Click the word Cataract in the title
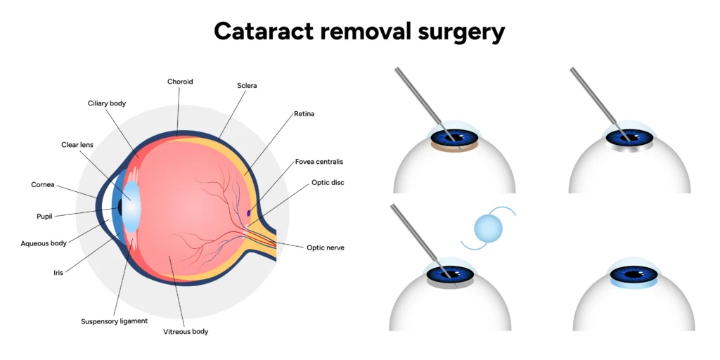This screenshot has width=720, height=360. pyautogui.click(x=269, y=31)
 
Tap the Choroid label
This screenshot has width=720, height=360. pyautogui.click(x=180, y=82)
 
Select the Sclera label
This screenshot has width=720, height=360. pyautogui.click(x=247, y=86)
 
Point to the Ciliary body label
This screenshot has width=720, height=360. pyautogui.click(x=107, y=103)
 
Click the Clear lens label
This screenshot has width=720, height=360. pyautogui.click(x=77, y=145)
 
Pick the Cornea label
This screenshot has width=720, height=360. pyautogui.click(x=43, y=185)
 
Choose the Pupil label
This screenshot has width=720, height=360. pyautogui.click(x=44, y=216)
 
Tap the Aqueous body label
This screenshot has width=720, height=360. pyautogui.click(x=44, y=243)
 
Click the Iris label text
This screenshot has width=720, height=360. pyautogui.click(x=58, y=271)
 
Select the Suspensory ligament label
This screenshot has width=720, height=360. pyautogui.click(x=114, y=321)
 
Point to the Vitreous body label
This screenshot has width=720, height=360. pyautogui.click(x=186, y=331)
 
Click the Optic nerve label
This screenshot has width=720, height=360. pyautogui.click(x=325, y=247)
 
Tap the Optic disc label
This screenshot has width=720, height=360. pyautogui.click(x=328, y=182)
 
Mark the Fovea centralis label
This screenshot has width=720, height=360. pyautogui.click(x=320, y=162)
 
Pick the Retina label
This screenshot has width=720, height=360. pyautogui.click(x=304, y=112)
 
